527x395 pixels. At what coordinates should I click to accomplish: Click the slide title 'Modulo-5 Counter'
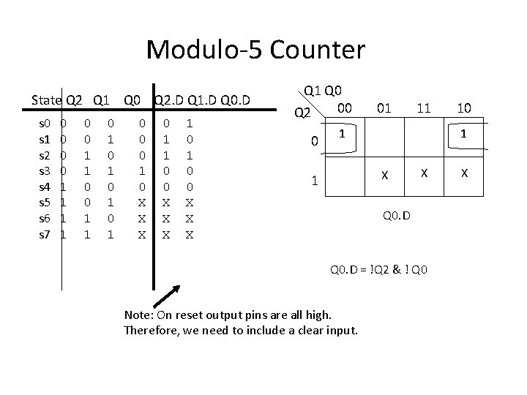(255, 50)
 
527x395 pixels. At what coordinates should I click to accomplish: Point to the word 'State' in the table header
(47, 99)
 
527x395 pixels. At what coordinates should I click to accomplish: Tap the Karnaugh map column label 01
(383, 108)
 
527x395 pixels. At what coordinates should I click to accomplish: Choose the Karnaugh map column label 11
(423, 108)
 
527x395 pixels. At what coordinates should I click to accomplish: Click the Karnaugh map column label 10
(463, 108)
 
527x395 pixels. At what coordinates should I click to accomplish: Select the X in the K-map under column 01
(382, 176)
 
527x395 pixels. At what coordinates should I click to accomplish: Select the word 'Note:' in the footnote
(139, 315)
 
